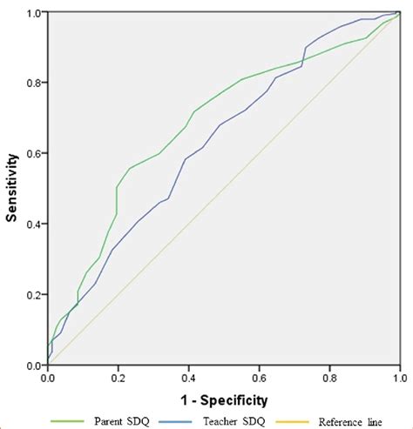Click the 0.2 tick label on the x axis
click(118, 379)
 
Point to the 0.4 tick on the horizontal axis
click(188, 379)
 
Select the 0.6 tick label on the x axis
click(259, 379)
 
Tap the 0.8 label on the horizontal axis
click(329, 379)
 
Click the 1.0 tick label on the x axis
click(398, 379)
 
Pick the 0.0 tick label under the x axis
click(48, 379)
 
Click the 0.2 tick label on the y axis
click(34, 295)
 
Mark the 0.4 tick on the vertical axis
click(34, 225)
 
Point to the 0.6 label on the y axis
click(34, 154)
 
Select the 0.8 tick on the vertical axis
click(34, 84)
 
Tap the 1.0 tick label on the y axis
click(34, 14)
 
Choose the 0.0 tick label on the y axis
click(34, 365)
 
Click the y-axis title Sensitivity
click(12, 189)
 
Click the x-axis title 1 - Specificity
click(223, 399)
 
